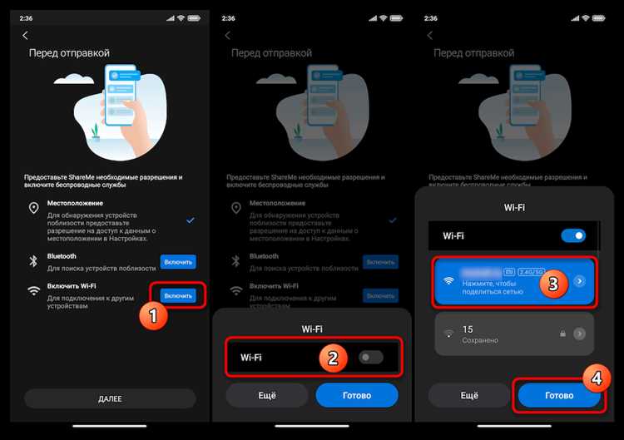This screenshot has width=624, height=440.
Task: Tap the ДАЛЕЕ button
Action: tap(109, 398)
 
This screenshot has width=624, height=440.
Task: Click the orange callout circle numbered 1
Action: tap(152, 317)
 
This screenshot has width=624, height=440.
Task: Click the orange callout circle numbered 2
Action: tap(332, 358)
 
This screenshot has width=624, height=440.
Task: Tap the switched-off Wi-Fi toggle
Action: tap(370, 358)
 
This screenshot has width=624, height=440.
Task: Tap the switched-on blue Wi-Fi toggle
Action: tap(573, 235)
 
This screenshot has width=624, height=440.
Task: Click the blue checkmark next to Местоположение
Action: tap(191, 220)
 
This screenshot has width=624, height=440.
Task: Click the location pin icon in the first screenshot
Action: tap(34, 209)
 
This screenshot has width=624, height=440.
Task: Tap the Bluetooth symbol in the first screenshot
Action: tap(34, 261)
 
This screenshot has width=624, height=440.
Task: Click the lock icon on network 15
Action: tap(562, 334)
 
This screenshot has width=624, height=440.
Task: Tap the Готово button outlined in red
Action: tap(558, 395)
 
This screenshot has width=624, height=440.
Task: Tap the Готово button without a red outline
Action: tap(357, 395)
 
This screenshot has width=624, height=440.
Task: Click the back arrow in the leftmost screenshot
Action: tap(25, 35)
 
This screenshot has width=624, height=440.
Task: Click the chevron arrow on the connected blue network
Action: tap(580, 281)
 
